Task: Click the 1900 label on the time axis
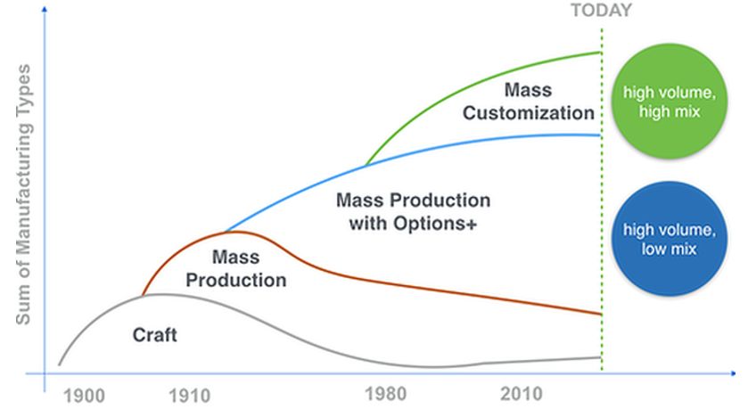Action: point(84,397)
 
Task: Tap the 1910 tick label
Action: point(189,396)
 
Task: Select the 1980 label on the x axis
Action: point(385,394)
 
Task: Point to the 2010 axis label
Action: point(521,394)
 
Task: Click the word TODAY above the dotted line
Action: point(601,11)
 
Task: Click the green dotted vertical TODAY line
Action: point(602,200)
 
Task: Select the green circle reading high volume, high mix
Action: point(670,101)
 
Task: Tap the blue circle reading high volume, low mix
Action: point(670,239)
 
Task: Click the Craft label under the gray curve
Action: point(154,335)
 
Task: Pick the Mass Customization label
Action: point(529,102)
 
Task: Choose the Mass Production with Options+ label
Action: point(413,212)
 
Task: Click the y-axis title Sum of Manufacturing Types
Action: point(23,194)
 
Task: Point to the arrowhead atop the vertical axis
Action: point(45,9)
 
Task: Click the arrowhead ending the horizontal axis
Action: point(733,373)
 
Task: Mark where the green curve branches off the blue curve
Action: point(366,165)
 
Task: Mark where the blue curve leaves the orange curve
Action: point(226,233)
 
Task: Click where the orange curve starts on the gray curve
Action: point(144,296)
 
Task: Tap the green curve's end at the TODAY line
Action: point(600,53)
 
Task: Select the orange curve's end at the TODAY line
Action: point(601,315)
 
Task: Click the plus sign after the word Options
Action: point(472,224)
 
